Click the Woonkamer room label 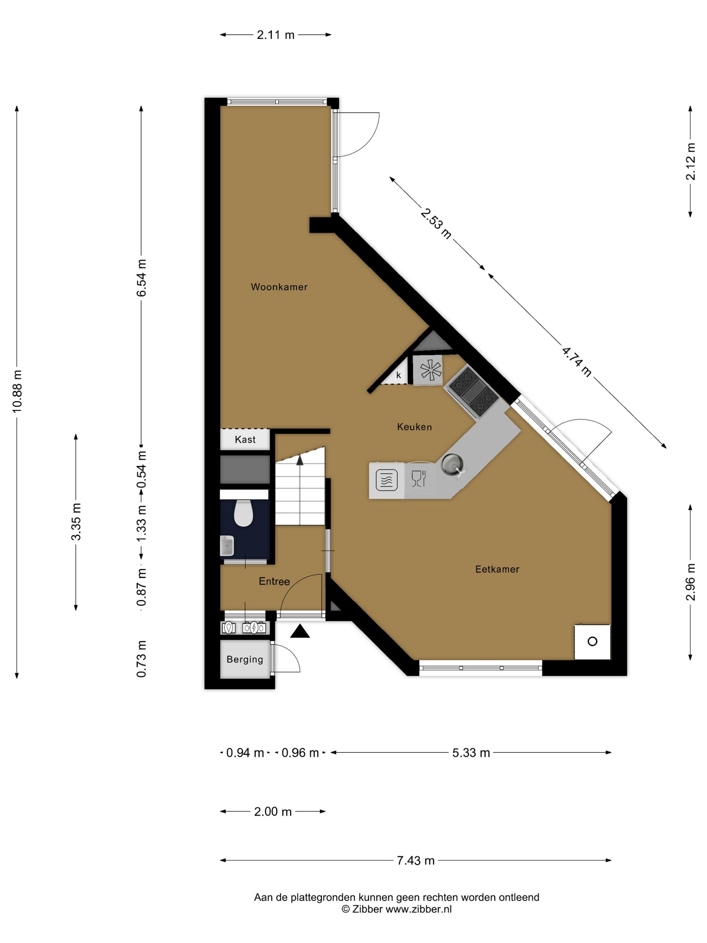(279, 287)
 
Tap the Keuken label (414, 427)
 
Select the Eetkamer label (497, 569)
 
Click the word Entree (274, 582)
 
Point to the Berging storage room (245, 659)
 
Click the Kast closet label (245, 440)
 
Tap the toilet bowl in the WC (243, 513)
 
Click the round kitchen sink (452, 463)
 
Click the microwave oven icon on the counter (386, 480)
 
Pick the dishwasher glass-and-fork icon (418, 478)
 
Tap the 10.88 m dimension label (17, 391)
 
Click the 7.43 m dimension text (415, 861)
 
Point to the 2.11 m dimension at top (275, 35)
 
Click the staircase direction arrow (300, 460)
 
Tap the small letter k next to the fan (399, 375)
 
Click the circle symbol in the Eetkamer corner (592, 641)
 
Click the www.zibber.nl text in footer (418, 909)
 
